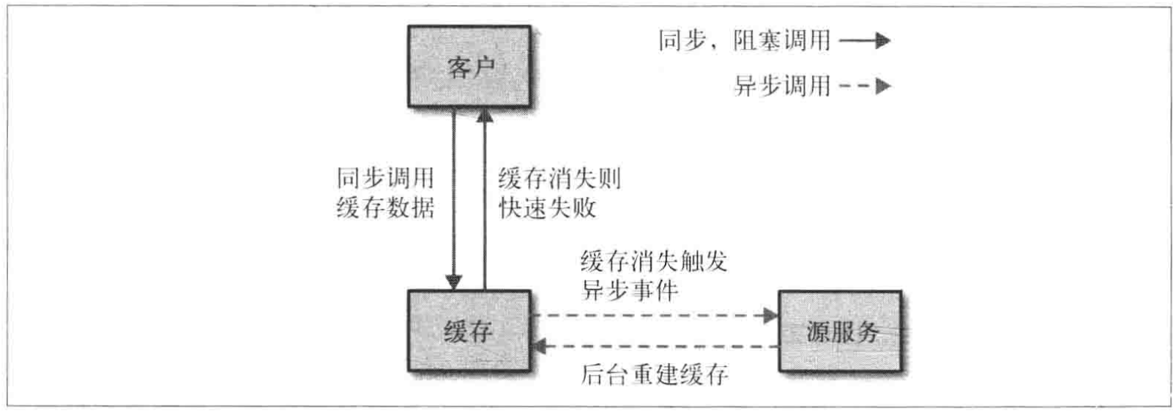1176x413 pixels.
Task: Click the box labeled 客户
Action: pyautogui.click(x=469, y=67)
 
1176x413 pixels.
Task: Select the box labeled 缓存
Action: pyautogui.click(x=469, y=331)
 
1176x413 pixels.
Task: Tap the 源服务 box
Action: pyautogui.click(x=840, y=331)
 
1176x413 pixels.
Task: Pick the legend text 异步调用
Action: pyautogui.click(x=781, y=86)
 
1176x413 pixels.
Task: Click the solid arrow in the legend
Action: pyautogui.click(x=865, y=40)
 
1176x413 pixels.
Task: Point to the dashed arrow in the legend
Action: pyautogui.click(x=865, y=86)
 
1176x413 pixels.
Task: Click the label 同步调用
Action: pyautogui.click(x=385, y=178)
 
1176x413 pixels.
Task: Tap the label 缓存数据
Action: pyautogui.click(x=385, y=207)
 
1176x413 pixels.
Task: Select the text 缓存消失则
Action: pyautogui.click(x=559, y=178)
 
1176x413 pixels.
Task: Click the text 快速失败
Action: pyautogui.click(x=548, y=207)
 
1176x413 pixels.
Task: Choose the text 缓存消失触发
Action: pyautogui.click(x=653, y=261)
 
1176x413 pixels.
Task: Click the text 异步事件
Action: pyautogui.click(x=630, y=290)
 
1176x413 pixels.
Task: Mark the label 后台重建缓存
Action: pyautogui.click(x=654, y=375)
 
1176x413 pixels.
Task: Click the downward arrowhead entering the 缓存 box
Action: pyautogui.click(x=454, y=282)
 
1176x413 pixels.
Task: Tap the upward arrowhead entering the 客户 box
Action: pyautogui.click(x=484, y=116)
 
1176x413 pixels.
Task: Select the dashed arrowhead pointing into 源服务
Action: pyautogui.click(x=770, y=316)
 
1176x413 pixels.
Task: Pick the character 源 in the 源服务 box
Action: pyautogui.click(x=817, y=332)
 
